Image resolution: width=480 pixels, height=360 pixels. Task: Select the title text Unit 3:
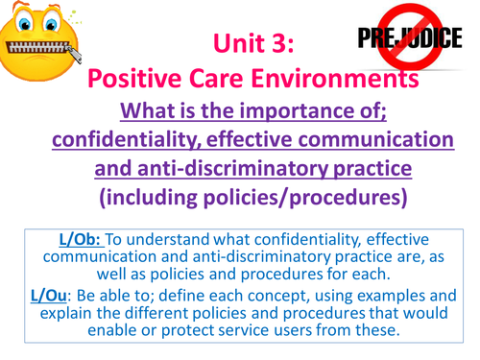[252, 41]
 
